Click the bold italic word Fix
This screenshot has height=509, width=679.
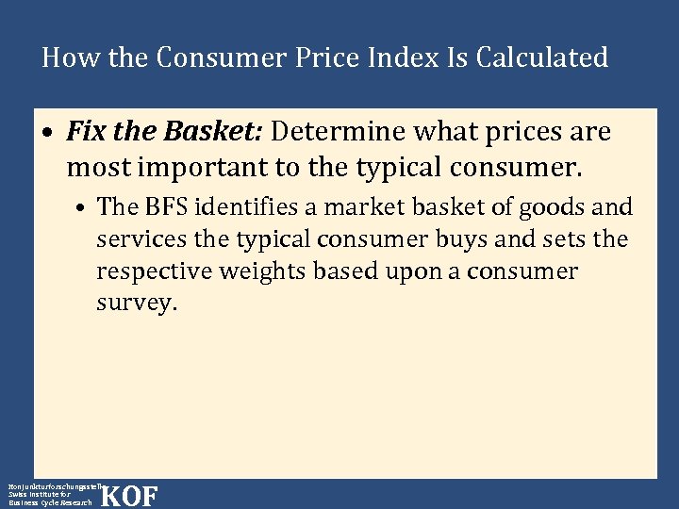86,132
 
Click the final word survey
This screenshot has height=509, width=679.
136,304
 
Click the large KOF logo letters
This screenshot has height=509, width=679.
128,496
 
